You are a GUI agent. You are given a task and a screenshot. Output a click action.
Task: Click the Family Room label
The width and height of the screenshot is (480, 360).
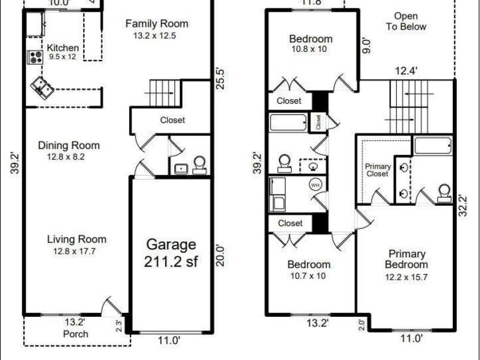[x=157, y=23]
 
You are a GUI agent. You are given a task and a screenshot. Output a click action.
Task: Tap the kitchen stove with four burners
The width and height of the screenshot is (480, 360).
[x=35, y=57]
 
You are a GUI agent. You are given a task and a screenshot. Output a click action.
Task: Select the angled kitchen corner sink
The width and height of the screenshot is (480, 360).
[x=42, y=87]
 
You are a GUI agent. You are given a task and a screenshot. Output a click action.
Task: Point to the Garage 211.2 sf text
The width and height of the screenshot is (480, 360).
[x=171, y=253]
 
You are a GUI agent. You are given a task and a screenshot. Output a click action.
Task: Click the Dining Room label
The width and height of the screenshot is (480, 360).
[x=69, y=145]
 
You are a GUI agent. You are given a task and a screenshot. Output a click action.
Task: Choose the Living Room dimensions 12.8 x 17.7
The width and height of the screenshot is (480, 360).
[x=75, y=251]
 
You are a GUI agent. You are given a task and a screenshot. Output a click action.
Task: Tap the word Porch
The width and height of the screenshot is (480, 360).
[x=76, y=334]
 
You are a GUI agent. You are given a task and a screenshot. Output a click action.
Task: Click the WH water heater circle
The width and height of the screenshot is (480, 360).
[x=315, y=185]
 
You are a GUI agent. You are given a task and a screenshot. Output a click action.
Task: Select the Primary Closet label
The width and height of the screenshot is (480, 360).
[x=378, y=170]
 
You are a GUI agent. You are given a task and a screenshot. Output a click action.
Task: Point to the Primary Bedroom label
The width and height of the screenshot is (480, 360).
[x=407, y=259]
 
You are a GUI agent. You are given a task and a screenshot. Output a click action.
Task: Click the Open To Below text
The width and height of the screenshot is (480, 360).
[x=406, y=21]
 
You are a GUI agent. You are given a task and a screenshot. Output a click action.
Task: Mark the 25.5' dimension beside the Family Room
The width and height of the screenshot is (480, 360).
[x=220, y=79]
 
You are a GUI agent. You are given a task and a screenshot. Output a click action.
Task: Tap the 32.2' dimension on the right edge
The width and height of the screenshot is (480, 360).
[x=463, y=206]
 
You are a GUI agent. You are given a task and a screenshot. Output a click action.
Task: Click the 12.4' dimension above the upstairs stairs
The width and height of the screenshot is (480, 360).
[x=406, y=71]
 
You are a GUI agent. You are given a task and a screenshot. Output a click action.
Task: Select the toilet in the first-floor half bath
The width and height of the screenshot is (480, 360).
[x=199, y=165]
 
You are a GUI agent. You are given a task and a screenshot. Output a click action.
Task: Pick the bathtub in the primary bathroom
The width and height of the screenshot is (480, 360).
[x=433, y=146]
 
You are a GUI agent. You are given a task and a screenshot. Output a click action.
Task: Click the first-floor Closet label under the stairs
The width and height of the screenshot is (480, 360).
[x=173, y=120]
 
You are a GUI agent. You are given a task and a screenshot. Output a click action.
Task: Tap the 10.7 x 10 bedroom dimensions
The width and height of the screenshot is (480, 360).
[x=308, y=276]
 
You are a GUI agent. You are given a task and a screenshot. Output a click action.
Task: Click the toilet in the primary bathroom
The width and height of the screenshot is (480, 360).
[x=444, y=193]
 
